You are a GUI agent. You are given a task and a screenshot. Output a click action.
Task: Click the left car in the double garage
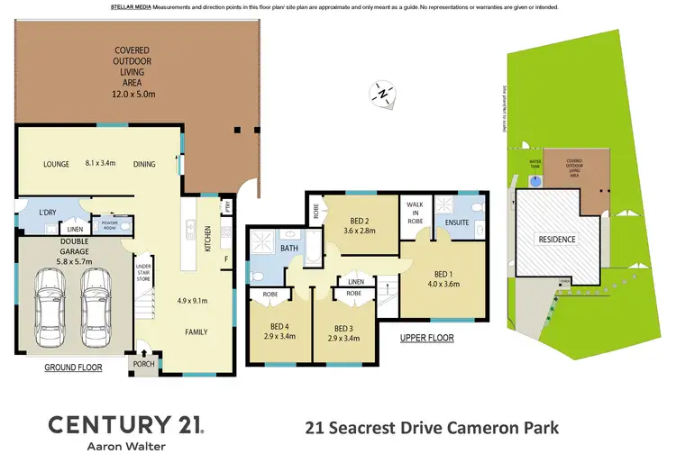[48, 304]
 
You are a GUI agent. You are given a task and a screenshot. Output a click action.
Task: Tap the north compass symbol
[385, 94]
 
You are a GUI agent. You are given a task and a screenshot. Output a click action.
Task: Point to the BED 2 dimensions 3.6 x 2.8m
[347, 230]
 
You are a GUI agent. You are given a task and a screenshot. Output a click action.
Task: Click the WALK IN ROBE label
[416, 213]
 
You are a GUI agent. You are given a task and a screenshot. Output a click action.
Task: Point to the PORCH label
[143, 364]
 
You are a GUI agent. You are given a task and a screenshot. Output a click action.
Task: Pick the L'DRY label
[48, 213]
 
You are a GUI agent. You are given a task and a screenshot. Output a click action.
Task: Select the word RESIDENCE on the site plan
[556, 240]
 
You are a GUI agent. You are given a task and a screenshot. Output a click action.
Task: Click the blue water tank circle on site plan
[537, 180]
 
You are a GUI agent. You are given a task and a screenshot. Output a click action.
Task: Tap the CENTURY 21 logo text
[124, 423]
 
